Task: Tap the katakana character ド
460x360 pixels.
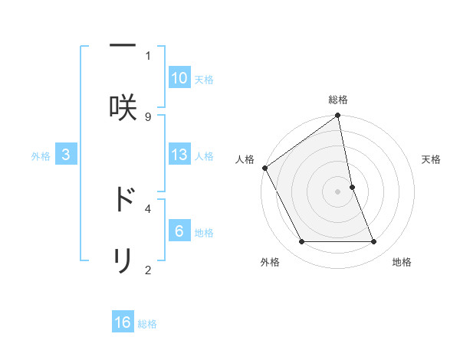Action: tap(123, 200)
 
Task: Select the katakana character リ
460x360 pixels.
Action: tap(123, 261)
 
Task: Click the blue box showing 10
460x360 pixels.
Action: tap(179, 78)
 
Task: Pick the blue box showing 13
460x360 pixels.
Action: tap(179, 155)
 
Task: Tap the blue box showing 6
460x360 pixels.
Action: tap(179, 231)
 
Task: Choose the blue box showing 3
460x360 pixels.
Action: tap(66, 155)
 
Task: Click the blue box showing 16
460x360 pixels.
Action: tap(123, 322)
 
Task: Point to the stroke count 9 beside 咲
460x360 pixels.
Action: tap(148, 116)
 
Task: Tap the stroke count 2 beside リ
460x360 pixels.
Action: tap(148, 270)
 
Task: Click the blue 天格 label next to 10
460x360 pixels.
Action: tap(204, 79)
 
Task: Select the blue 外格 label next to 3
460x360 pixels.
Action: tap(41, 155)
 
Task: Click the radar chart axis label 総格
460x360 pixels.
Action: tap(338, 100)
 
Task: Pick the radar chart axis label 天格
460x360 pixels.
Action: tap(432, 159)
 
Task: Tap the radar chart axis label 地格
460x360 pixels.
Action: tap(402, 262)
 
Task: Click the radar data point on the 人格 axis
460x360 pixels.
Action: tap(265, 168)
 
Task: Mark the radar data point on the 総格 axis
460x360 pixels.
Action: tap(338, 116)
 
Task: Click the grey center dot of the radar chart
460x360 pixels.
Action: tap(338, 191)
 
